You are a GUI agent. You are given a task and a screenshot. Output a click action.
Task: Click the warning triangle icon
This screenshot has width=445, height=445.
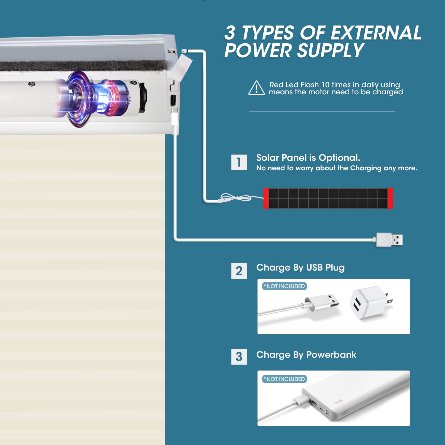(x=256, y=88)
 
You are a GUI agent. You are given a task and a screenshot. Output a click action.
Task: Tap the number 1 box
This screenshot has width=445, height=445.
(x=239, y=162)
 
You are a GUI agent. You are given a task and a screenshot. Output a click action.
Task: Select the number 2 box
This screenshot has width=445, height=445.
(x=239, y=271)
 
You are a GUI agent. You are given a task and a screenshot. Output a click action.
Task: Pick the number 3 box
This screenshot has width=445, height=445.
(x=239, y=357)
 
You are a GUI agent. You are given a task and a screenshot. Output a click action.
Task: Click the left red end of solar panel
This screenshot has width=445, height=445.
(x=266, y=198)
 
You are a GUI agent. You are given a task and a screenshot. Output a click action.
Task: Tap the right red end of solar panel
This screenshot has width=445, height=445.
(x=390, y=198)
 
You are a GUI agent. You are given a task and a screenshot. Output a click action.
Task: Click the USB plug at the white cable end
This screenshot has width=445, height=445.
(x=390, y=240)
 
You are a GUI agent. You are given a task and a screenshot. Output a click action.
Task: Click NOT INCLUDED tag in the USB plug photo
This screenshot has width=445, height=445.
(x=285, y=286)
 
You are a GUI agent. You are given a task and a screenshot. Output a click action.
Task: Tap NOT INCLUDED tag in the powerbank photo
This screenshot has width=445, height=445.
(x=285, y=379)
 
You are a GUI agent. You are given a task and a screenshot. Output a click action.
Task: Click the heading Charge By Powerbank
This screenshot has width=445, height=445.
(x=306, y=355)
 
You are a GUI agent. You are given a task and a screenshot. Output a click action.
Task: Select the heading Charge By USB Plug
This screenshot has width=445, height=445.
(x=300, y=268)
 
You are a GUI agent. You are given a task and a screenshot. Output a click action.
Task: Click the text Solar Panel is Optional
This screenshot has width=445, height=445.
(x=308, y=158)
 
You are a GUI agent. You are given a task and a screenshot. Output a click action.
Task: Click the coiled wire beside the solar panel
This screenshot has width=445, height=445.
(x=236, y=198)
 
